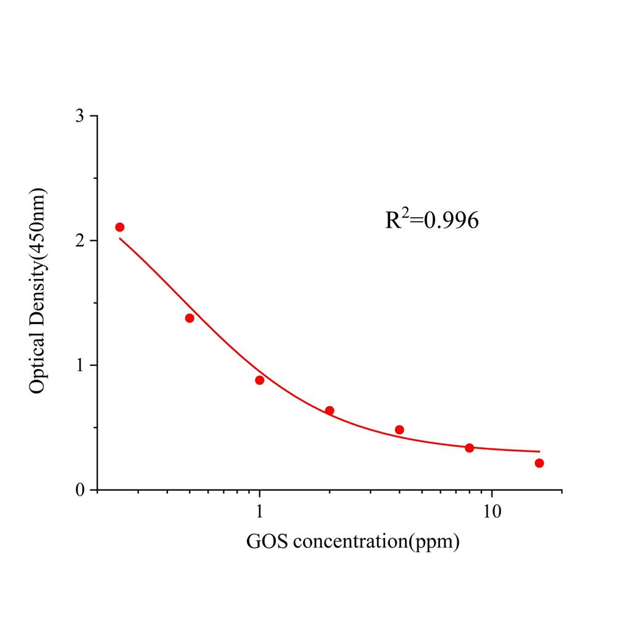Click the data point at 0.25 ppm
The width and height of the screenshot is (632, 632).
pyautogui.click(x=120, y=227)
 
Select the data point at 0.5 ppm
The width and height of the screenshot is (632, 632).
pyautogui.click(x=189, y=318)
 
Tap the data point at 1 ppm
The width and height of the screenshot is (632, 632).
pyautogui.click(x=260, y=380)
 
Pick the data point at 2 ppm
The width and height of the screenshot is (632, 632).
pyautogui.click(x=330, y=410)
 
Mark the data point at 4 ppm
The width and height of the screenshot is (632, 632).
pyautogui.click(x=399, y=430)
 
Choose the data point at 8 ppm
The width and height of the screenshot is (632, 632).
pyautogui.click(x=470, y=448)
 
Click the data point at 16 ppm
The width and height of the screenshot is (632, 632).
pyautogui.click(x=539, y=463)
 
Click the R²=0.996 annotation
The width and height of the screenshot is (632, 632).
pyautogui.click(x=432, y=220)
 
